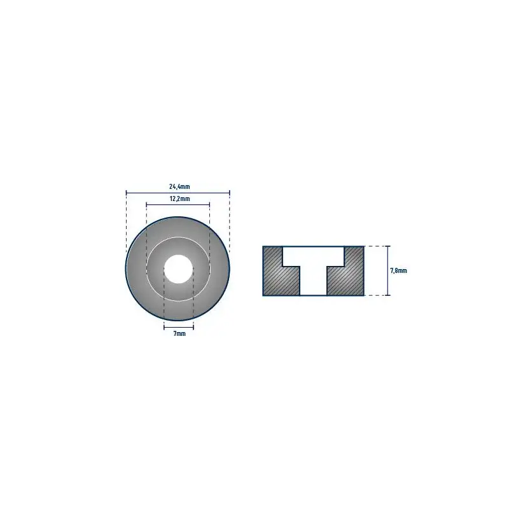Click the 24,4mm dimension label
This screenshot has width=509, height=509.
tap(179, 186)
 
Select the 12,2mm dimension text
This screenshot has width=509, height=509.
tap(179, 199)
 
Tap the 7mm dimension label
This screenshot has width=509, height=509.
tap(179, 333)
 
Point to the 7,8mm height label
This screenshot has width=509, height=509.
tap(398, 270)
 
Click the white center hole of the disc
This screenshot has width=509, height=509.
tap(179, 269)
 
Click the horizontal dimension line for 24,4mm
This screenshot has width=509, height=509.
tap(178, 193)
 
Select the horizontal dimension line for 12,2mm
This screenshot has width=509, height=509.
tap(178, 204)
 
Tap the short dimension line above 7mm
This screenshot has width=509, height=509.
tap(179, 327)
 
